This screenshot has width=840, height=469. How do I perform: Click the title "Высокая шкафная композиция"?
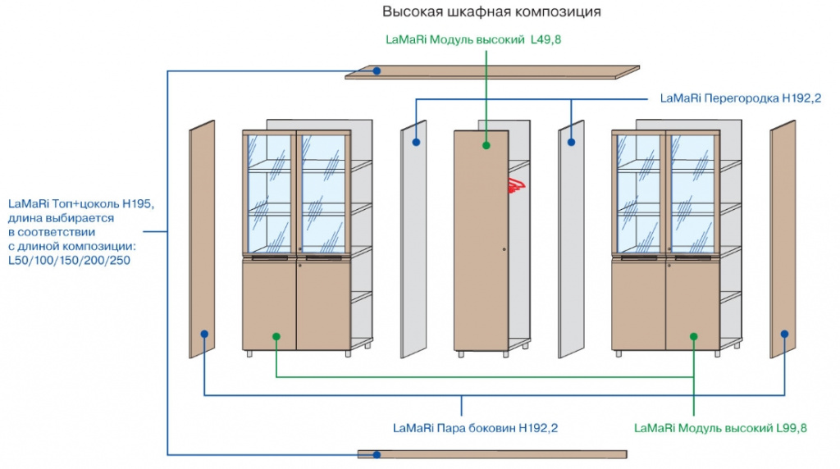coord(491,11)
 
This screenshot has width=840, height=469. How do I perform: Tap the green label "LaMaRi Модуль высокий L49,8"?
coord(473,39)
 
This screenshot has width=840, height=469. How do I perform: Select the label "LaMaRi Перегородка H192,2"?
coord(741,98)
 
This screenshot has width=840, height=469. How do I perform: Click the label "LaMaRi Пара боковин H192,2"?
coord(475,428)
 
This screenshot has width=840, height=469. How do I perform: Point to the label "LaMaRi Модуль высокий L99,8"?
coord(720,428)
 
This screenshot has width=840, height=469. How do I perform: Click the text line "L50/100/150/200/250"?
coord(69,260)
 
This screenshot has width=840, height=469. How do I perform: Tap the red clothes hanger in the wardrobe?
coord(517,185)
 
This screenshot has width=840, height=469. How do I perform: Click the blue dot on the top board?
coord(377,71)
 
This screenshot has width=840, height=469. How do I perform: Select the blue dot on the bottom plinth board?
coord(377,454)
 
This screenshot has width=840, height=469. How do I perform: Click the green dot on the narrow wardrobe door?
coord(486,145)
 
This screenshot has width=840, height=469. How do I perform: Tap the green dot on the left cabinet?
coord(276,336)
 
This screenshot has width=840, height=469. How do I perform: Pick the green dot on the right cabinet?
coord(693,336)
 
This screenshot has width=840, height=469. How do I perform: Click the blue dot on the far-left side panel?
coord(204,334)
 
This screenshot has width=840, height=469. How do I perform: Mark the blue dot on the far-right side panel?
coord(784,334)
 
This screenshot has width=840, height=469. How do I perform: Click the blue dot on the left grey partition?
coord(416,142)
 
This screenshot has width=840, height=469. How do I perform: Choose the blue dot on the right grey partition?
coord(571,142)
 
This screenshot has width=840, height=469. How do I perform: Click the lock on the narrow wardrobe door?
coord(504,249)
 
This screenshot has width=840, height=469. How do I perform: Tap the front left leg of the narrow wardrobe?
coord(461,354)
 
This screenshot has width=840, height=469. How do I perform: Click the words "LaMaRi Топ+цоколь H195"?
coord(81,203)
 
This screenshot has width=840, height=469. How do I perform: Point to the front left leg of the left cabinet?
coord(249,353)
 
